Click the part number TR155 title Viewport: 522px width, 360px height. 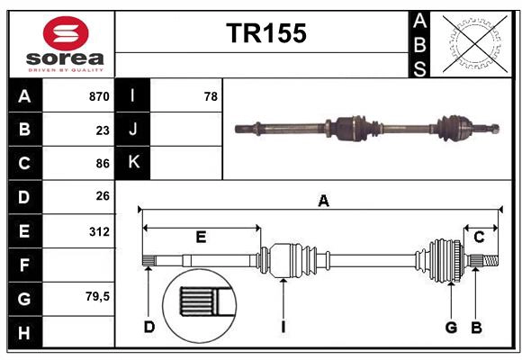click(266, 33)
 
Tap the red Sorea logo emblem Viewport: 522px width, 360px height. click(67, 36)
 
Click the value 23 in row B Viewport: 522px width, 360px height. click(102, 130)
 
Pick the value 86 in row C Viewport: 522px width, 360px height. click(102, 164)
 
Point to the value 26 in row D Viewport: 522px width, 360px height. click(102, 196)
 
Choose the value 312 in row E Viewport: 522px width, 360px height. click(99, 231)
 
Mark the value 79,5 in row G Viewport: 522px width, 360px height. click(97, 296)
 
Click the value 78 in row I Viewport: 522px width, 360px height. click(210, 96)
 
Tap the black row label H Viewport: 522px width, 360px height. click(24, 333)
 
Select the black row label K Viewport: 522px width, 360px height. click(133, 163)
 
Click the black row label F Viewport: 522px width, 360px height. click(24, 265)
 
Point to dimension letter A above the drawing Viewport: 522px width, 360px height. click(323, 202)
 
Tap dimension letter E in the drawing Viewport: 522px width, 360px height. click(201, 238)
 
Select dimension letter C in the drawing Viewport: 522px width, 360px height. click(479, 237)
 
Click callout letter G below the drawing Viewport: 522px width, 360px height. click(451, 327)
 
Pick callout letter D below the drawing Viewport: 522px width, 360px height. click(148, 327)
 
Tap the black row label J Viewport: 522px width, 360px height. click(133, 130)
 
